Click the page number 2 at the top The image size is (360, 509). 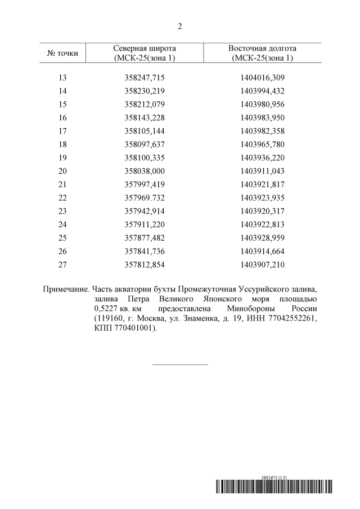click(180, 26)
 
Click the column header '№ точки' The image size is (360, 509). click(62, 53)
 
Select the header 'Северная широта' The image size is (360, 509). click(145, 48)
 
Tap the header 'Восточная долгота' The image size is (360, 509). click(262, 48)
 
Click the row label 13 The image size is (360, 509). click(62, 77)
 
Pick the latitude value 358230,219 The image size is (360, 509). click(145, 91)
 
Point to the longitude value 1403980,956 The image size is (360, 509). click(262, 104)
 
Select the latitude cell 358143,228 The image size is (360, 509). click(145, 118)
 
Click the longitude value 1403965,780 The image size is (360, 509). click(262, 145)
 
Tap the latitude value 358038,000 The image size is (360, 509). click(145, 172)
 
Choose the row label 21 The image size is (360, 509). click(62, 185)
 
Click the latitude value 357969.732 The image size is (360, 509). click(145, 199)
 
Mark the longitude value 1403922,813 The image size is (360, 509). click(262, 225)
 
